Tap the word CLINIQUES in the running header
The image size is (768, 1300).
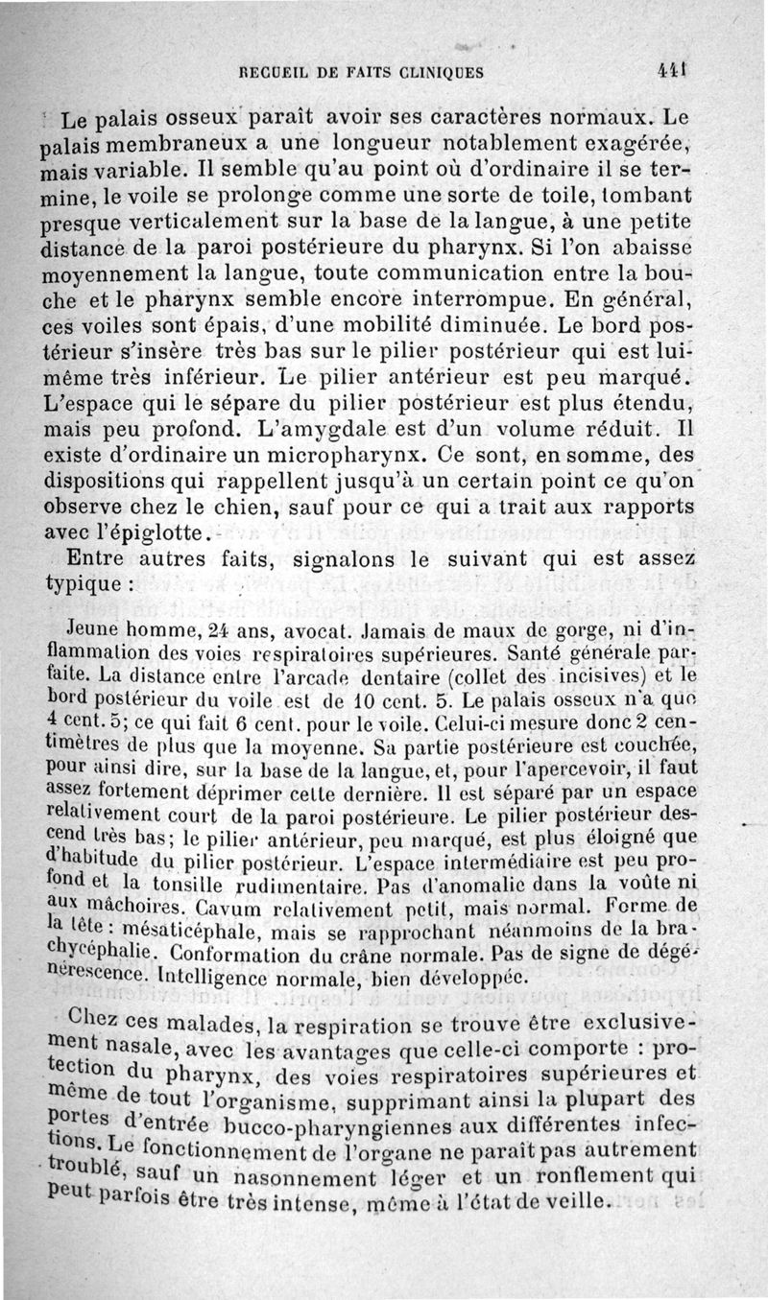[438, 71]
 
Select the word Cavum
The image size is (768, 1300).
[224, 904]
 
